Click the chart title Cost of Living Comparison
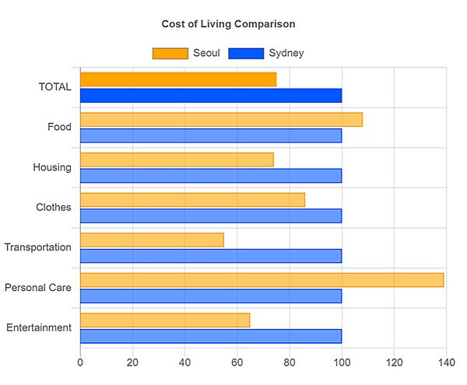click(x=228, y=24)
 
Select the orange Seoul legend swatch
click(x=170, y=53)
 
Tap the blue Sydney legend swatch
click(x=245, y=53)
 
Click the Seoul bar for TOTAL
click(x=178, y=79)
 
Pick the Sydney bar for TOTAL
click(x=211, y=96)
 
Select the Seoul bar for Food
click(x=221, y=120)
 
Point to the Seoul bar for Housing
click(x=177, y=159)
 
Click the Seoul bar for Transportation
click(x=152, y=240)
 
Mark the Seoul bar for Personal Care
click(x=262, y=280)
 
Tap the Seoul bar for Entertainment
click(x=165, y=320)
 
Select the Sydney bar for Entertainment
click(x=211, y=336)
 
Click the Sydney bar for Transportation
click(x=211, y=256)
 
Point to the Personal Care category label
click(x=37, y=288)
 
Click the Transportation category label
click(x=37, y=247)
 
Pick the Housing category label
click(x=52, y=167)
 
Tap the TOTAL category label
click(x=54, y=87)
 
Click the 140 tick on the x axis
click(x=446, y=362)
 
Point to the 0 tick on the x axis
click(x=80, y=362)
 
